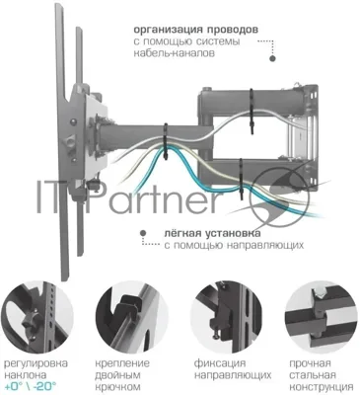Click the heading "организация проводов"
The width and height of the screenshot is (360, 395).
195,31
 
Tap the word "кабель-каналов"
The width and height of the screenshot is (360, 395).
175,53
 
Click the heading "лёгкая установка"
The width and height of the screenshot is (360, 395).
212,233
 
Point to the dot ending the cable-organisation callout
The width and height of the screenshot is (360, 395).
272,58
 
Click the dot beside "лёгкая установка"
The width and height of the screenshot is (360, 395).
143,232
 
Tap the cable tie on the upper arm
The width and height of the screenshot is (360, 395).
252,111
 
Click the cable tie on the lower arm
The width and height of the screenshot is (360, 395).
241,179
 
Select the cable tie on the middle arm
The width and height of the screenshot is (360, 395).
166,142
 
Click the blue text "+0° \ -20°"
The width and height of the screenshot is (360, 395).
30,385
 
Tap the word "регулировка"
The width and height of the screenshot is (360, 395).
36,363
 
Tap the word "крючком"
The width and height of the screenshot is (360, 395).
117,386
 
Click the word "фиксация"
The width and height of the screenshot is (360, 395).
220,363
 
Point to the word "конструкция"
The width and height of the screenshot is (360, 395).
322,386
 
